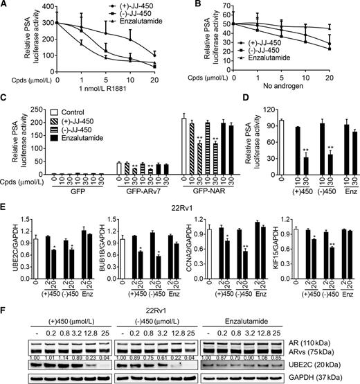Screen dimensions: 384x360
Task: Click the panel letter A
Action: [x=5, y=6]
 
